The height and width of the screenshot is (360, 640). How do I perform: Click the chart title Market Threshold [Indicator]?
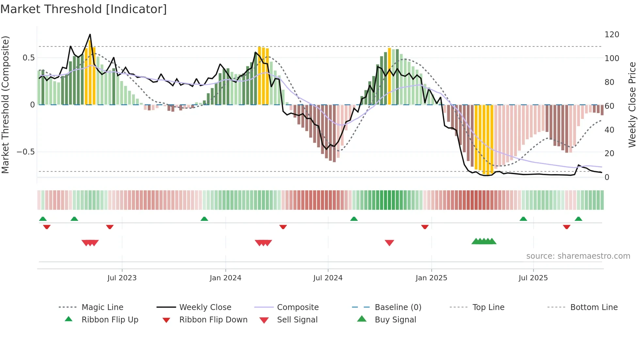84,9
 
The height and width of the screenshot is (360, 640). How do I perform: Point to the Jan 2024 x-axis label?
225,278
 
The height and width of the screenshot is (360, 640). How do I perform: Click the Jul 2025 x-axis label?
533,278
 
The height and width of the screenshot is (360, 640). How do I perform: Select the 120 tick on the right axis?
612,35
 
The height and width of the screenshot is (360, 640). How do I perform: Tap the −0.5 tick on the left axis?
25,152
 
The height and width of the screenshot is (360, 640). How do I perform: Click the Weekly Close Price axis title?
632,105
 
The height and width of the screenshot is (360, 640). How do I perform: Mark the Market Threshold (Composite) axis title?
5,105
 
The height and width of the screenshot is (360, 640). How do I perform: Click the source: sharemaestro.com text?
578,256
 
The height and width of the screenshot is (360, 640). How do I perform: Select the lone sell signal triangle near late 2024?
389,242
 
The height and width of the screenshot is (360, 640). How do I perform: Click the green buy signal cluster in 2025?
484,241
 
